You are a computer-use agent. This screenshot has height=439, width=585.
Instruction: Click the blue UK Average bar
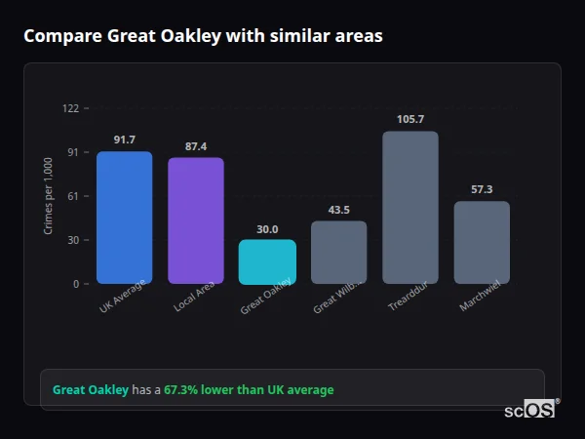tap(124, 217)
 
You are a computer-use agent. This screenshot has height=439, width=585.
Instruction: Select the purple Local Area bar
tap(196, 219)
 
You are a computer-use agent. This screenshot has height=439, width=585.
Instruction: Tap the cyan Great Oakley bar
tap(267, 261)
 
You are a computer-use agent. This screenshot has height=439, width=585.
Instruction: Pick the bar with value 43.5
tap(339, 252)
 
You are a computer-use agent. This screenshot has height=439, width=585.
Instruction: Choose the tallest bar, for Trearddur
tap(410, 207)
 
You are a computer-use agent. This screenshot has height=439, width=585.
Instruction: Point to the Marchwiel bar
tap(482, 242)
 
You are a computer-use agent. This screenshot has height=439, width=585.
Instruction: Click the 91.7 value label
tap(124, 140)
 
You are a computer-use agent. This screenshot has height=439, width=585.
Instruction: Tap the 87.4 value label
tap(196, 146)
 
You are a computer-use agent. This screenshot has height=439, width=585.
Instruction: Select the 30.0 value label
tap(267, 229)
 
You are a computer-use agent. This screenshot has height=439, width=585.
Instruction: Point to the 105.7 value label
tap(410, 119)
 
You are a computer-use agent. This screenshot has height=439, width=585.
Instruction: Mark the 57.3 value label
tap(482, 189)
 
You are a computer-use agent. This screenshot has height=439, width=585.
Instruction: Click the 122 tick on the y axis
tap(70, 108)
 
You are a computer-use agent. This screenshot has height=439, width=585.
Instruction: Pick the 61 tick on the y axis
tap(73, 196)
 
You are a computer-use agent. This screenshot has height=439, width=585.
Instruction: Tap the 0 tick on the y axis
tap(76, 284)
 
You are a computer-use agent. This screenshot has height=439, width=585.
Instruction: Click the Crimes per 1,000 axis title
tap(49, 196)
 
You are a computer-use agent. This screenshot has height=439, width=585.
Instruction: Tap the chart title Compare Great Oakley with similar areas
tap(203, 36)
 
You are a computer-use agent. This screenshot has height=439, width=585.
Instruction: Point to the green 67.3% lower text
tap(248, 390)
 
